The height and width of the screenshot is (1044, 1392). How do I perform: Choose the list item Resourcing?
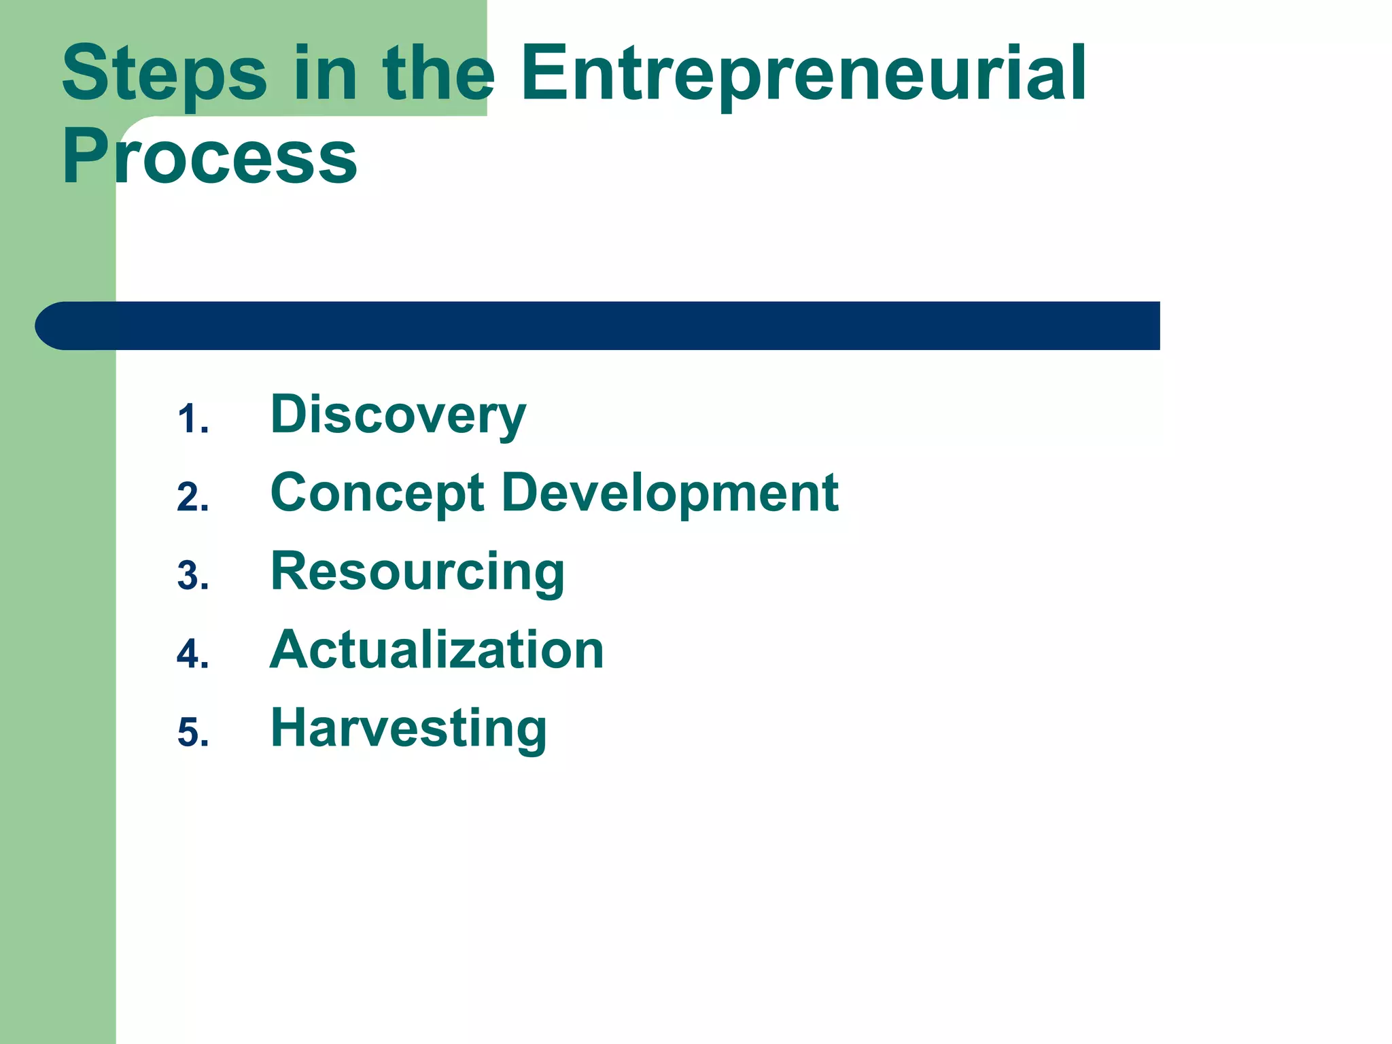pyautogui.click(x=417, y=572)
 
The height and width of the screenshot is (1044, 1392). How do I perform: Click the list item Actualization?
pyautogui.click(x=436, y=650)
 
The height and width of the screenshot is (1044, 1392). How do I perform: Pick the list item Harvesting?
pyautogui.click(x=408, y=728)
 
